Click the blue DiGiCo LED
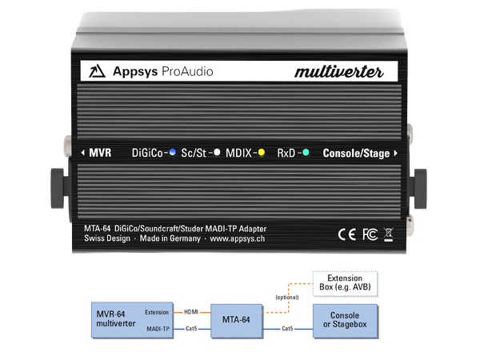(x=172, y=151)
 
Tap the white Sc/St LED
(x=216, y=151)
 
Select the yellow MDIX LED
(x=261, y=151)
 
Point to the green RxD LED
(x=306, y=151)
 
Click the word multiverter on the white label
(x=339, y=72)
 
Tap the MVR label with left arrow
(x=96, y=151)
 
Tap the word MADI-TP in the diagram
(x=157, y=328)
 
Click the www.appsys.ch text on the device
(x=238, y=238)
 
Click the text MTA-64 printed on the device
(x=100, y=228)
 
